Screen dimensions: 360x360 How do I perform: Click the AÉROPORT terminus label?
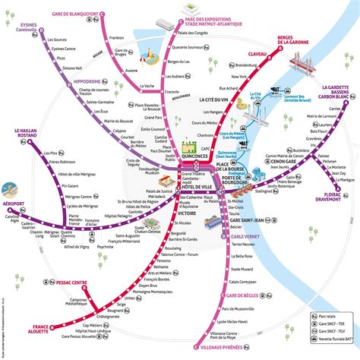[x=14, y=204]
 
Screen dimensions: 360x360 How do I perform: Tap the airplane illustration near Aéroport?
[x=11, y=188]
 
